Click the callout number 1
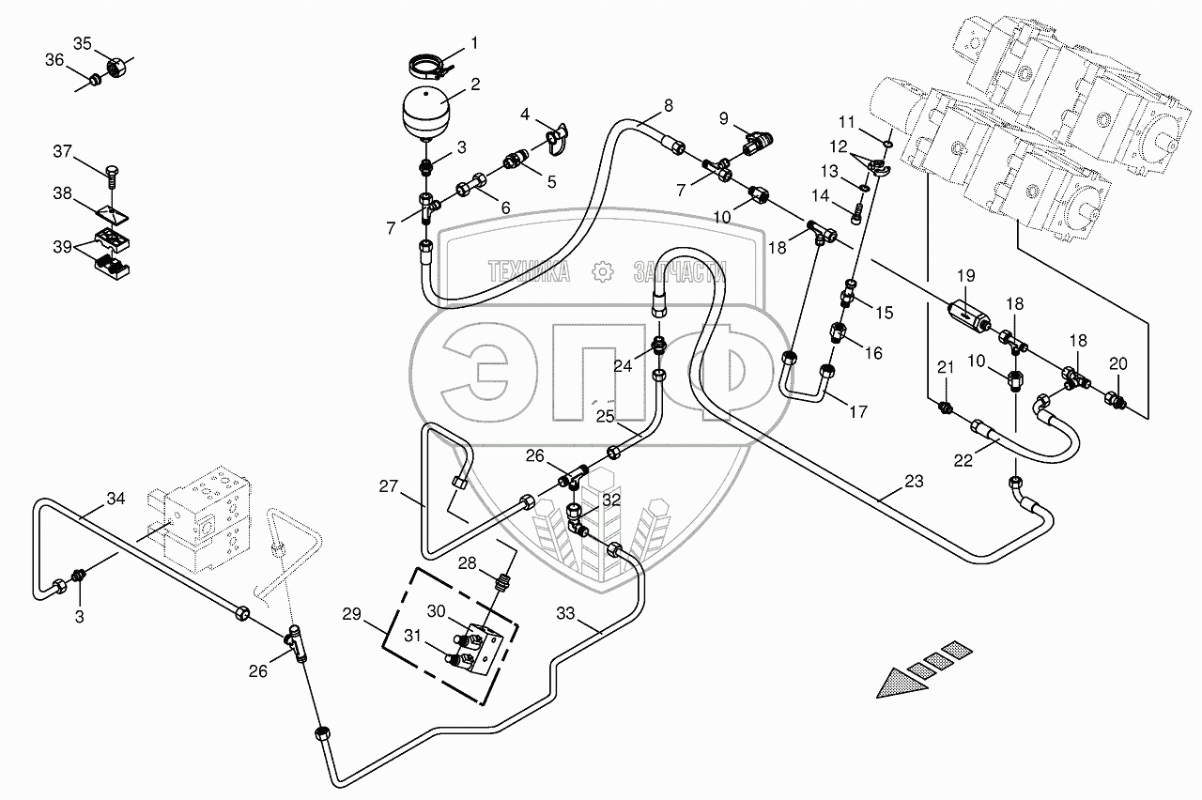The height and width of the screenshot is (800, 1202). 474,42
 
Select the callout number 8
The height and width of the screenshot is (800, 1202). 668,106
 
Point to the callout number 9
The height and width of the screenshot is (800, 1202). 724,118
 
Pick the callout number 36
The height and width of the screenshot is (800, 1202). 54,60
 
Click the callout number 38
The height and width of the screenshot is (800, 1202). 62,193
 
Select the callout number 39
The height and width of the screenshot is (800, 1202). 62,246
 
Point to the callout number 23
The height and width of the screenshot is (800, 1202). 914,482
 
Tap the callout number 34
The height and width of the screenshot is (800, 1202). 115,499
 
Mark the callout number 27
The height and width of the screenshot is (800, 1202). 389,487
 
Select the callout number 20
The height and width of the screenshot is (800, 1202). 1117,364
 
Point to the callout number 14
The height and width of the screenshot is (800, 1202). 823,196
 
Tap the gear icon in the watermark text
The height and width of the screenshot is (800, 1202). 601,272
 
